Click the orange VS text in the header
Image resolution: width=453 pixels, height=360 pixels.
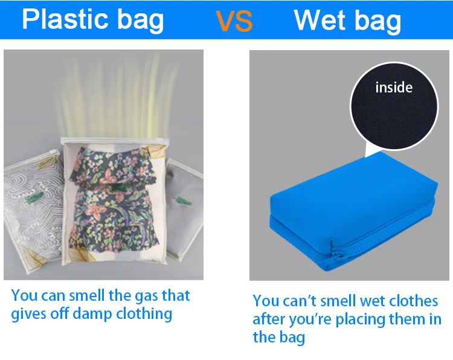click(234, 21)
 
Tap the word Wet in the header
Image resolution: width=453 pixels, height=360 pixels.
click(320, 20)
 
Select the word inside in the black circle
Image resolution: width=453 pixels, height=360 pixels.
click(394, 87)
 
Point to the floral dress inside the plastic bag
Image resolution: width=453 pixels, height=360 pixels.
click(113, 200)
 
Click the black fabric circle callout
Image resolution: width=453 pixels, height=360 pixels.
click(394, 106)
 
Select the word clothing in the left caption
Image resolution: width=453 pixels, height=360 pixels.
click(144, 313)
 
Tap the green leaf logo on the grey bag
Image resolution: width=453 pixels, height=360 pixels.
click(183, 200)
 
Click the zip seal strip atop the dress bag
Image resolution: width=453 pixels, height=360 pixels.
click(114, 140)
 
